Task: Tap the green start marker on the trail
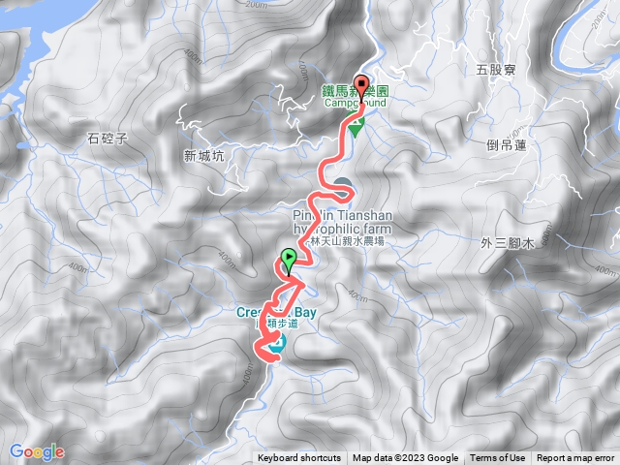[x=289, y=259]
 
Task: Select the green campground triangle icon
[x=356, y=128]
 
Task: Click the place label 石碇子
[x=108, y=139]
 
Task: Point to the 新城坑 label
[x=202, y=155]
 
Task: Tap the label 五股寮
[x=496, y=70]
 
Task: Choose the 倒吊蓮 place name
[x=507, y=144]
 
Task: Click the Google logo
[x=37, y=451]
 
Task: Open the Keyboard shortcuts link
[x=299, y=458]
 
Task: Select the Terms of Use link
[x=498, y=458]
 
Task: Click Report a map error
[x=576, y=458]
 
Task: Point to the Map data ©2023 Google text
[x=406, y=458]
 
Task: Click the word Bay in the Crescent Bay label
[x=305, y=313]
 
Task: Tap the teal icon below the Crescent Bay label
[x=278, y=344]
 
